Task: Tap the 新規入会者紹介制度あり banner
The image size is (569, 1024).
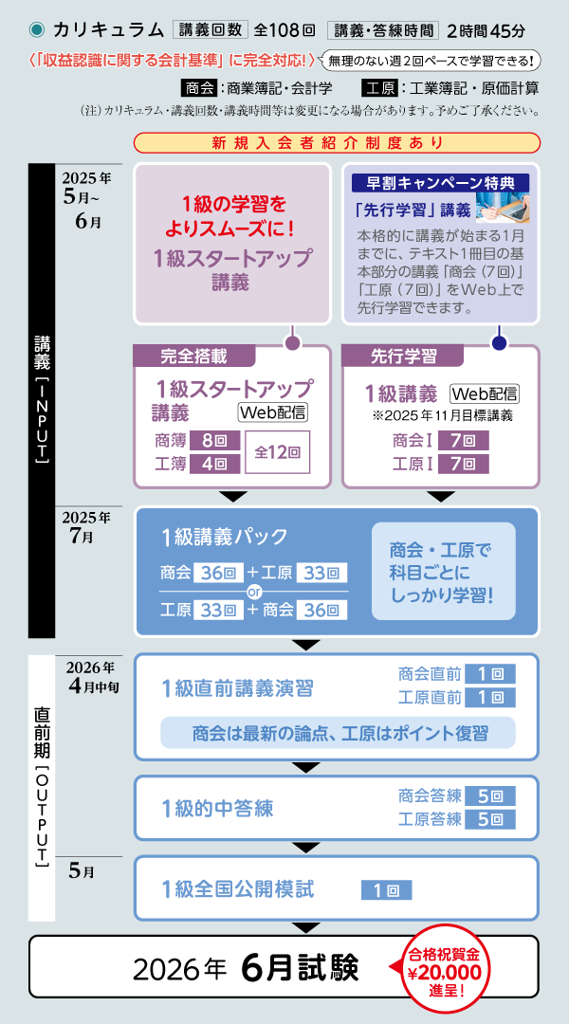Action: pos(337,144)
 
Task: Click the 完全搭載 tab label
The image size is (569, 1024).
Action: pos(193,357)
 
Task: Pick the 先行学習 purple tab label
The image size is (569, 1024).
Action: pos(403,357)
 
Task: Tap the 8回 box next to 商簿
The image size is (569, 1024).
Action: pos(213,440)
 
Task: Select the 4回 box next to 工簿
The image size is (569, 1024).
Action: pos(213,464)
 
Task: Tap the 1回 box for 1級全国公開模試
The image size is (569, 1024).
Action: pos(386,890)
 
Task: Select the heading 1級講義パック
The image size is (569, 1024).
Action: pos(225,537)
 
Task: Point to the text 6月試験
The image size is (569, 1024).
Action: pos(300,968)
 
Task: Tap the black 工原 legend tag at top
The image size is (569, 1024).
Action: pos(379,89)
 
